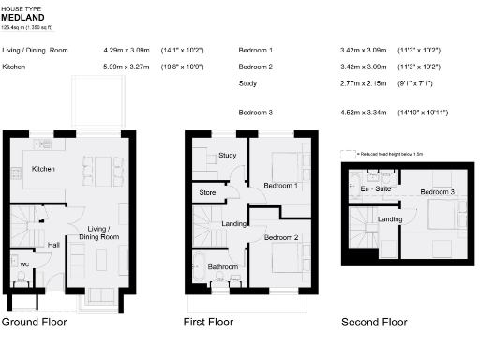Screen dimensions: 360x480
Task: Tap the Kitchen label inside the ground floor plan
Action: click(x=44, y=170)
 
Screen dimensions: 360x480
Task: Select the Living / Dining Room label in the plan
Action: click(x=102, y=233)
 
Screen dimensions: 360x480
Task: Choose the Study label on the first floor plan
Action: click(x=227, y=155)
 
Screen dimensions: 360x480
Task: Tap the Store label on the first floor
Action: click(x=208, y=193)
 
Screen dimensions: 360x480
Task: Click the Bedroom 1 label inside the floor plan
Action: click(x=280, y=186)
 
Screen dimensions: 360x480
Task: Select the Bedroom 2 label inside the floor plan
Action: click(x=280, y=238)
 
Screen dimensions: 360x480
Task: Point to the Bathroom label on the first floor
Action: click(x=222, y=267)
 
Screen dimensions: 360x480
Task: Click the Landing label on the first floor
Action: click(x=233, y=223)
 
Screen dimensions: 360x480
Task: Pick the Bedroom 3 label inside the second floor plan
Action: click(x=437, y=192)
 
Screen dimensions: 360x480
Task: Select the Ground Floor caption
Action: click(x=34, y=322)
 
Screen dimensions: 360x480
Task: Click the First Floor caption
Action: click(x=208, y=322)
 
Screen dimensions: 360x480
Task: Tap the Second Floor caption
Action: click(x=374, y=322)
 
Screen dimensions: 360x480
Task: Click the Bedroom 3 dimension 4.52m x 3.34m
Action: click(x=365, y=112)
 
